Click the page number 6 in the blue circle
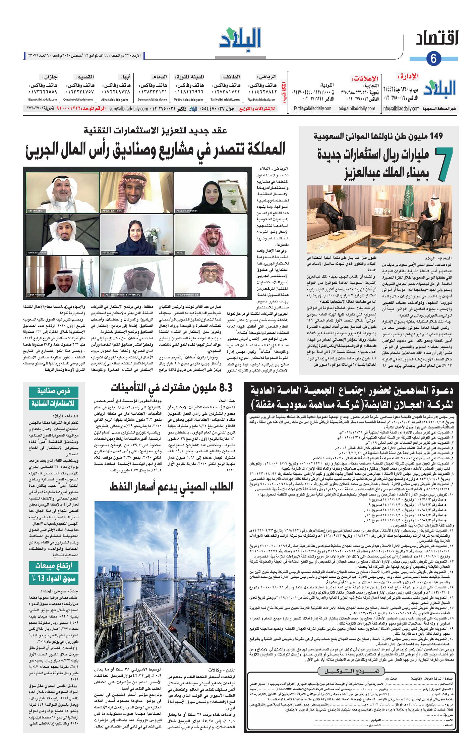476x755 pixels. [x=433, y=59]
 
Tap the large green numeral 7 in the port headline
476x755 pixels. [x=444, y=164]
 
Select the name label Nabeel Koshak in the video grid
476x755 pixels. [x=36, y=211]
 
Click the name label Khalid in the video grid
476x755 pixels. [x=180, y=252]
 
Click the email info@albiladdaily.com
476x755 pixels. [x=401, y=109]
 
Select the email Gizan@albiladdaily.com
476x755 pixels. [x=42, y=100]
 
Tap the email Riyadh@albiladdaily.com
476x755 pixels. [x=261, y=100]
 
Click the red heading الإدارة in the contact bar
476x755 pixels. [x=409, y=77]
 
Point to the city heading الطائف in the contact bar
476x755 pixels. [x=230, y=77]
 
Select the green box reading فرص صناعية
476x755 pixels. [x=54, y=391]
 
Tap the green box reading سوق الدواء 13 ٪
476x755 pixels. [x=54, y=578]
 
